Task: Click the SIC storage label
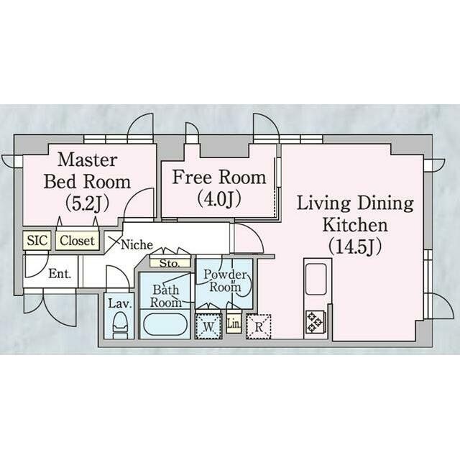click(37, 240)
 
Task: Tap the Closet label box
click(78, 241)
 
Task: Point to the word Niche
click(137, 244)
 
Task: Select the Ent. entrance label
click(60, 274)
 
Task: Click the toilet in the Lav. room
click(120, 326)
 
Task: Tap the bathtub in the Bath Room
click(165, 324)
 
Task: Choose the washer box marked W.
click(208, 326)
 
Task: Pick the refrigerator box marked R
click(259, 326)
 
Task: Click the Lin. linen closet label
click(234, 324)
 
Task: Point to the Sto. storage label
click(170, 263)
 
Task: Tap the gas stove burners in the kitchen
click(315, 321)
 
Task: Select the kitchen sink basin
click(316, 279)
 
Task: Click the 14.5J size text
click(355, 247)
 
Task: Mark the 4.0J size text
click(218, 198)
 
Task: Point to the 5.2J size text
click(87, 203)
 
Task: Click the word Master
click(88, 160)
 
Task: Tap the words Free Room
click(219, 177)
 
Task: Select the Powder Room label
click(225, 280)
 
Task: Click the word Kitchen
click(355, 225)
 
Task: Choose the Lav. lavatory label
click(119, 303)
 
